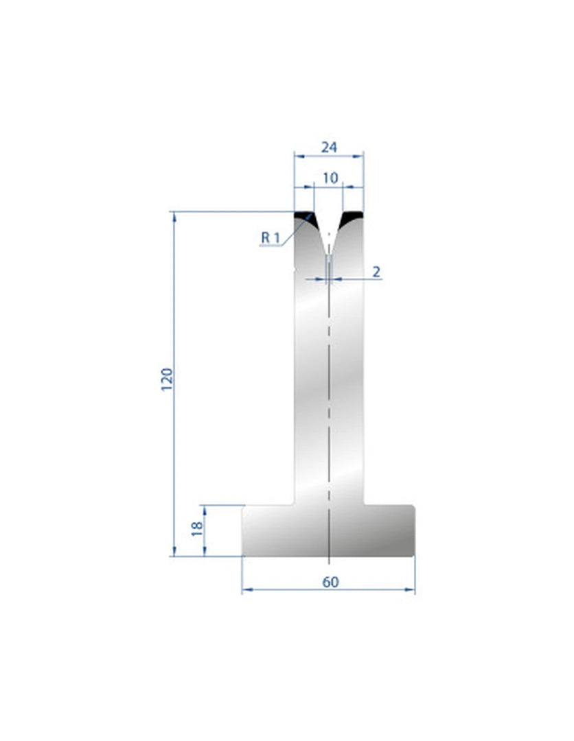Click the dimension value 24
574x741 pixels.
pyautogui.click(x=329, y=148)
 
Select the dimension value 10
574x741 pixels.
pyautogui.click(x=330, y=178)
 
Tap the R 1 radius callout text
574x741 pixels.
pyautogui.click(x=271, y=237)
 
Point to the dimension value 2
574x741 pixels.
pyautogui.click(x=376, y=272)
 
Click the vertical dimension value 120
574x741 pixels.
pyautogui.click(x=168, y=379)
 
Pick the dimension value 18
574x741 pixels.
pyautogui.click(x=197, y=528)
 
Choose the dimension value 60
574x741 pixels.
pyautogui.click(x=330, y=583)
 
